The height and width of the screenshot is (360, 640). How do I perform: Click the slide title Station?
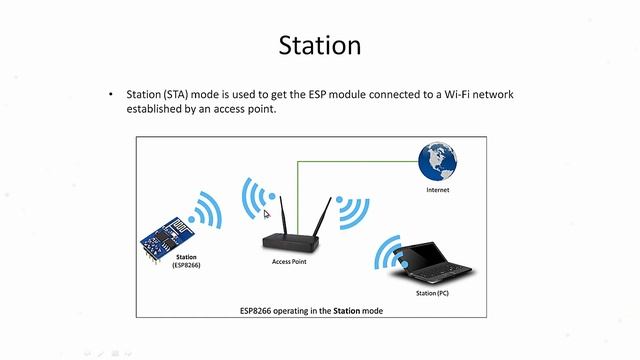[x=319, y=46]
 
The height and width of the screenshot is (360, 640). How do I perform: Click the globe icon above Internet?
[x=438, y=164]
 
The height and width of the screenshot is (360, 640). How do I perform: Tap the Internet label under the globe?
[x=438, y=189]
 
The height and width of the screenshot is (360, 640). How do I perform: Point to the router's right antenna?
[x=322, y=216]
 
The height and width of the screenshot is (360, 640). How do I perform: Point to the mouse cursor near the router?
[x=266, y=212]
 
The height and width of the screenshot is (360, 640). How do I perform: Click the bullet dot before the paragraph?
[x=111, y=95]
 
